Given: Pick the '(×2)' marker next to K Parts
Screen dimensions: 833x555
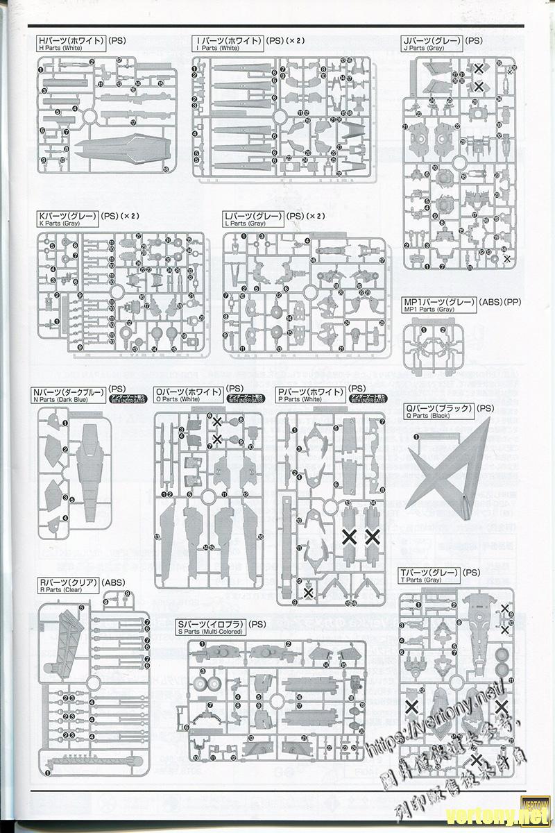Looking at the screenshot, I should tap(130, 216).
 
